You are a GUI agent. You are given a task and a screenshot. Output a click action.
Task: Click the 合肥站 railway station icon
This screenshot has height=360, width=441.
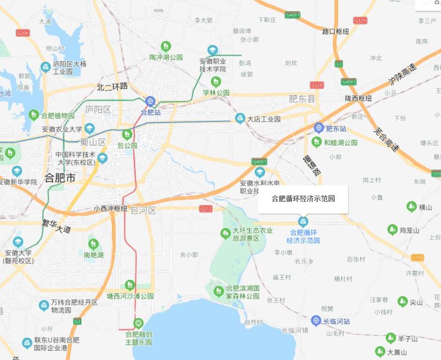click(x=150, y=101)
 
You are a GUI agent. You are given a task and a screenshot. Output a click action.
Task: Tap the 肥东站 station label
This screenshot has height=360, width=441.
click(x=336, y=129)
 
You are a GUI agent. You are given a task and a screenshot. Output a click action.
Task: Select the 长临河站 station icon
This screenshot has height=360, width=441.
click(x=317, y=321)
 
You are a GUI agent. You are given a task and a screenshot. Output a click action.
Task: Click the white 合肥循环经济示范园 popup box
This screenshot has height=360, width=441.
click(x=303, y=199)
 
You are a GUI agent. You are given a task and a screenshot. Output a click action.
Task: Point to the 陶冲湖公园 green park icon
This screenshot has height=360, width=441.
click(x=166, y=47)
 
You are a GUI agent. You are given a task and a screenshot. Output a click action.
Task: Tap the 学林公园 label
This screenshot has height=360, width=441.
click(x=216, y=93)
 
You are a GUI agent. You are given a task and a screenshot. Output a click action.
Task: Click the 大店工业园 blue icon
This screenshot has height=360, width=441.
click(x=240, y=118)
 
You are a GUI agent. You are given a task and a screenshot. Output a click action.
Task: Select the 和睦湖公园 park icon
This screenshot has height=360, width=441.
click(x=317, y=142)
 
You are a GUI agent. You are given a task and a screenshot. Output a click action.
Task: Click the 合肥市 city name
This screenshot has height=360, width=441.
click(x=60, y=178)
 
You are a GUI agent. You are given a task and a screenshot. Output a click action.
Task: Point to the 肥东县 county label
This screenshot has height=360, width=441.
click(x=302, y=99)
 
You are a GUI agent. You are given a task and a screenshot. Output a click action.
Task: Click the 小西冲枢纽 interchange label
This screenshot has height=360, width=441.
click(x=110, y=209)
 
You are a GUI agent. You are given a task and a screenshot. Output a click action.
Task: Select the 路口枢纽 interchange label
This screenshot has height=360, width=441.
click(x=336, y=31)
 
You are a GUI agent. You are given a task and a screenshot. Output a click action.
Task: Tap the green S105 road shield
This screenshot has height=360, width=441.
click(x=417, y=258)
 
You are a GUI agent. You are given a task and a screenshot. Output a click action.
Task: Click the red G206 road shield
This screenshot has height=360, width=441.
click(x=23, y=33)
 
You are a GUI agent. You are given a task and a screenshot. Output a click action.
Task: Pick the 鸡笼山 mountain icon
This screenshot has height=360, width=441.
click(x=392, y=229)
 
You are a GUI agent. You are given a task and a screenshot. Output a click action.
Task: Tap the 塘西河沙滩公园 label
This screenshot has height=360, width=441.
click(x=130, y=296)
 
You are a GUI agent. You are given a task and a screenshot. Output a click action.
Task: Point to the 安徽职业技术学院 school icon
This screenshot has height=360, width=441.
click(x=212, y=50)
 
